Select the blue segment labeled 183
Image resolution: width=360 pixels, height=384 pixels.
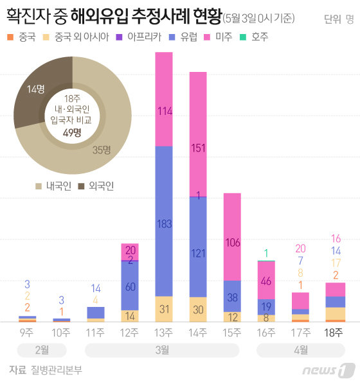tap(164, 222)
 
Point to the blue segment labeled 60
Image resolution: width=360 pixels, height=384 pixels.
tap(130, 286)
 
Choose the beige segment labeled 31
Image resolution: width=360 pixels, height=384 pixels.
tap(164, 309)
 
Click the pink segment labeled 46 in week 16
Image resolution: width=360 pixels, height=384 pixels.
tap(266, 281)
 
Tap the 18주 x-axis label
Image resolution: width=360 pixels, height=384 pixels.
tap(334, 332)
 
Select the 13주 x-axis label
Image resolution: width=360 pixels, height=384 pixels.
tap(164, 332)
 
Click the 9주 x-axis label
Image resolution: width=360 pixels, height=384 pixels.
tap(28, 332)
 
